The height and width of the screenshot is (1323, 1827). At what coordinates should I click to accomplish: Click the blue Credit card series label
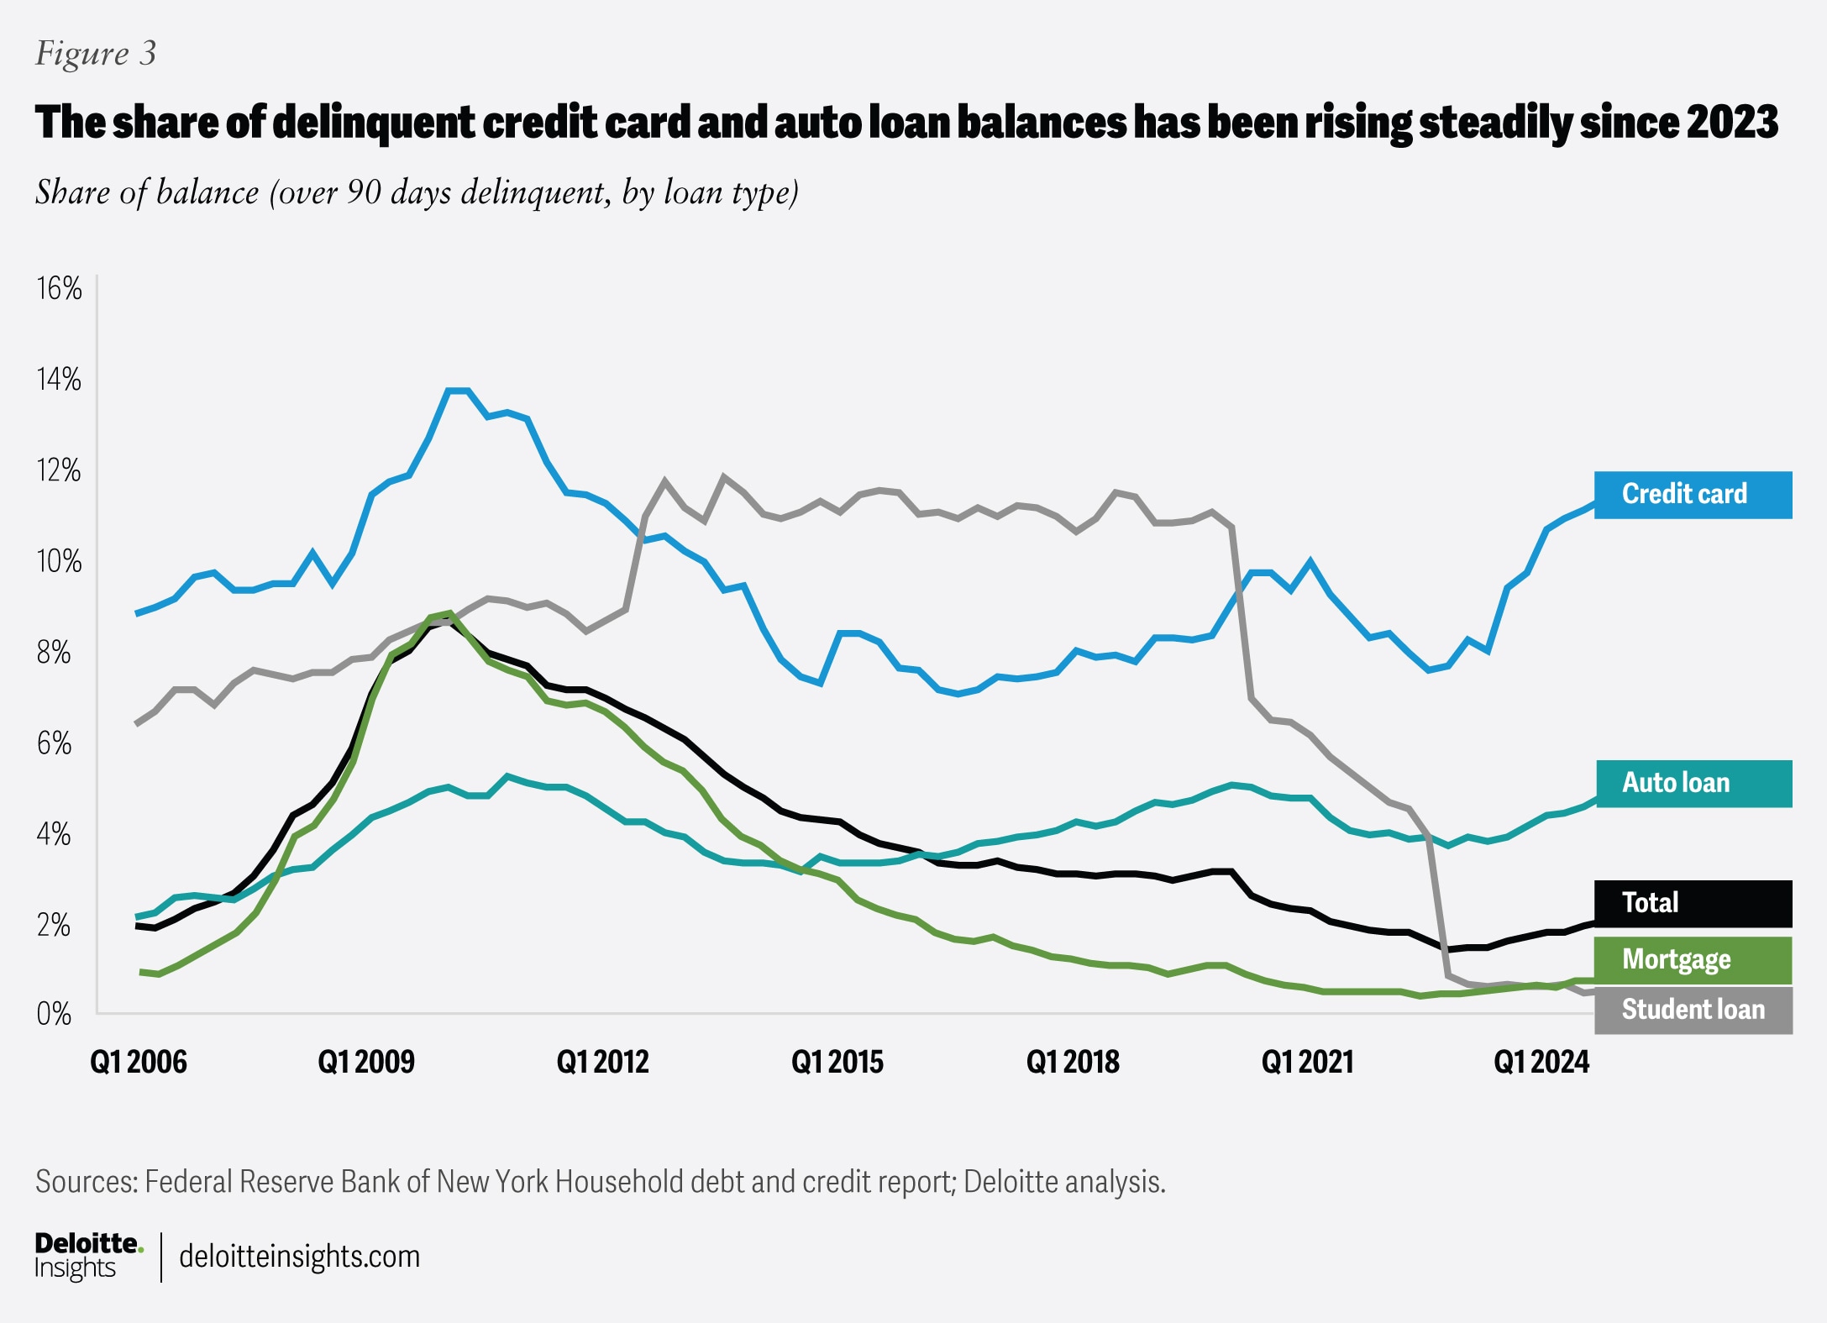click(x=1692, y=495)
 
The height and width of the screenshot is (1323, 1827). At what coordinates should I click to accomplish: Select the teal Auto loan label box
click(x=1693, y=784)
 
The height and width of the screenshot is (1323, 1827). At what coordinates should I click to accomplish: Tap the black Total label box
click(x=1693, y=903)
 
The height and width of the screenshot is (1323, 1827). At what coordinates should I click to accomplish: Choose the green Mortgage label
click(x=1693, y=960)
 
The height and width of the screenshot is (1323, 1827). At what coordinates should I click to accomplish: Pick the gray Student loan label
click(x=1693, y=1010)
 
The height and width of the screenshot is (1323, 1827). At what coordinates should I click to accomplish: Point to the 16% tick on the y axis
click(x=59, y=289)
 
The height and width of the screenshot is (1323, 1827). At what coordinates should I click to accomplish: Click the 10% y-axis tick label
click(x=59, y=561)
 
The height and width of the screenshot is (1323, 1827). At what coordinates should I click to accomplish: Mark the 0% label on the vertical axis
click(x=54, y=1014)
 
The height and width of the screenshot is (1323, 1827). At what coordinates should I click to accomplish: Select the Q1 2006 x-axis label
click(x=139, y=1063)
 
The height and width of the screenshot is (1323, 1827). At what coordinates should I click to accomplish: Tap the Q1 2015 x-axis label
click(x=837, y=1063)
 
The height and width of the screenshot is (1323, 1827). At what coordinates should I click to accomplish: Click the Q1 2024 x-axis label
click(x=1541, y=1063)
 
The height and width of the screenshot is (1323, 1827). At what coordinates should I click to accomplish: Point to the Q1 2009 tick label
click(x=366, y=1063)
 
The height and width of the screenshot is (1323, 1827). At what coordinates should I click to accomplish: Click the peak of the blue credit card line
click(x=458, y=391)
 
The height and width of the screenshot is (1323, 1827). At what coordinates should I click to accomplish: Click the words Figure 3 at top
click(x=96, y=54)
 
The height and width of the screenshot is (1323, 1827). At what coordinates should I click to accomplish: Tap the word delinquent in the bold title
click(x=374, y=123)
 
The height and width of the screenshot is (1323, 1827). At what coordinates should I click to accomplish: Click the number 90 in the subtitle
click(x=364, y=192)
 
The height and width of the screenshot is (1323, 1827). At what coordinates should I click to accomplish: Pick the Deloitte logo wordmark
click(x=88, y=1244)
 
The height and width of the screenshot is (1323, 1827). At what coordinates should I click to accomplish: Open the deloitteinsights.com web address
click(x=299, y=1257)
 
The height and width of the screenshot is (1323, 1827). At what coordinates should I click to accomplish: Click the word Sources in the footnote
click(x=86, y=1182)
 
